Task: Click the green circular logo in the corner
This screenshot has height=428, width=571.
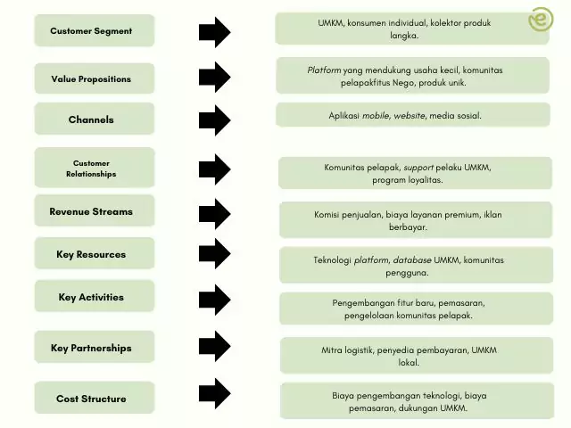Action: [x=541, y=20]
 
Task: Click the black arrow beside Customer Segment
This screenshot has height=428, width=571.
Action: [x=214, y=32]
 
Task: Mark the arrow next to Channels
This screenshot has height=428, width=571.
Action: [x=214, y=120]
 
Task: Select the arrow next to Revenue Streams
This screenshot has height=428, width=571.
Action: [x=214, y=213]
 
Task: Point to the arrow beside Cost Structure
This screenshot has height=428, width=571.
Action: [x=214, y=393]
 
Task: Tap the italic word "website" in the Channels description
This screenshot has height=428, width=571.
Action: [x=408, y=116]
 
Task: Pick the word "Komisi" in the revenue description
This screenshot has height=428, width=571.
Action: [x=329, y=214]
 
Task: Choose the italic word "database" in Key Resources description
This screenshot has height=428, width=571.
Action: [x=411, y=260]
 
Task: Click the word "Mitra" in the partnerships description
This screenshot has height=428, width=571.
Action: [x=333, y=350]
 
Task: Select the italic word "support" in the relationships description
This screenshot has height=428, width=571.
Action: [x=418, y=168]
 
